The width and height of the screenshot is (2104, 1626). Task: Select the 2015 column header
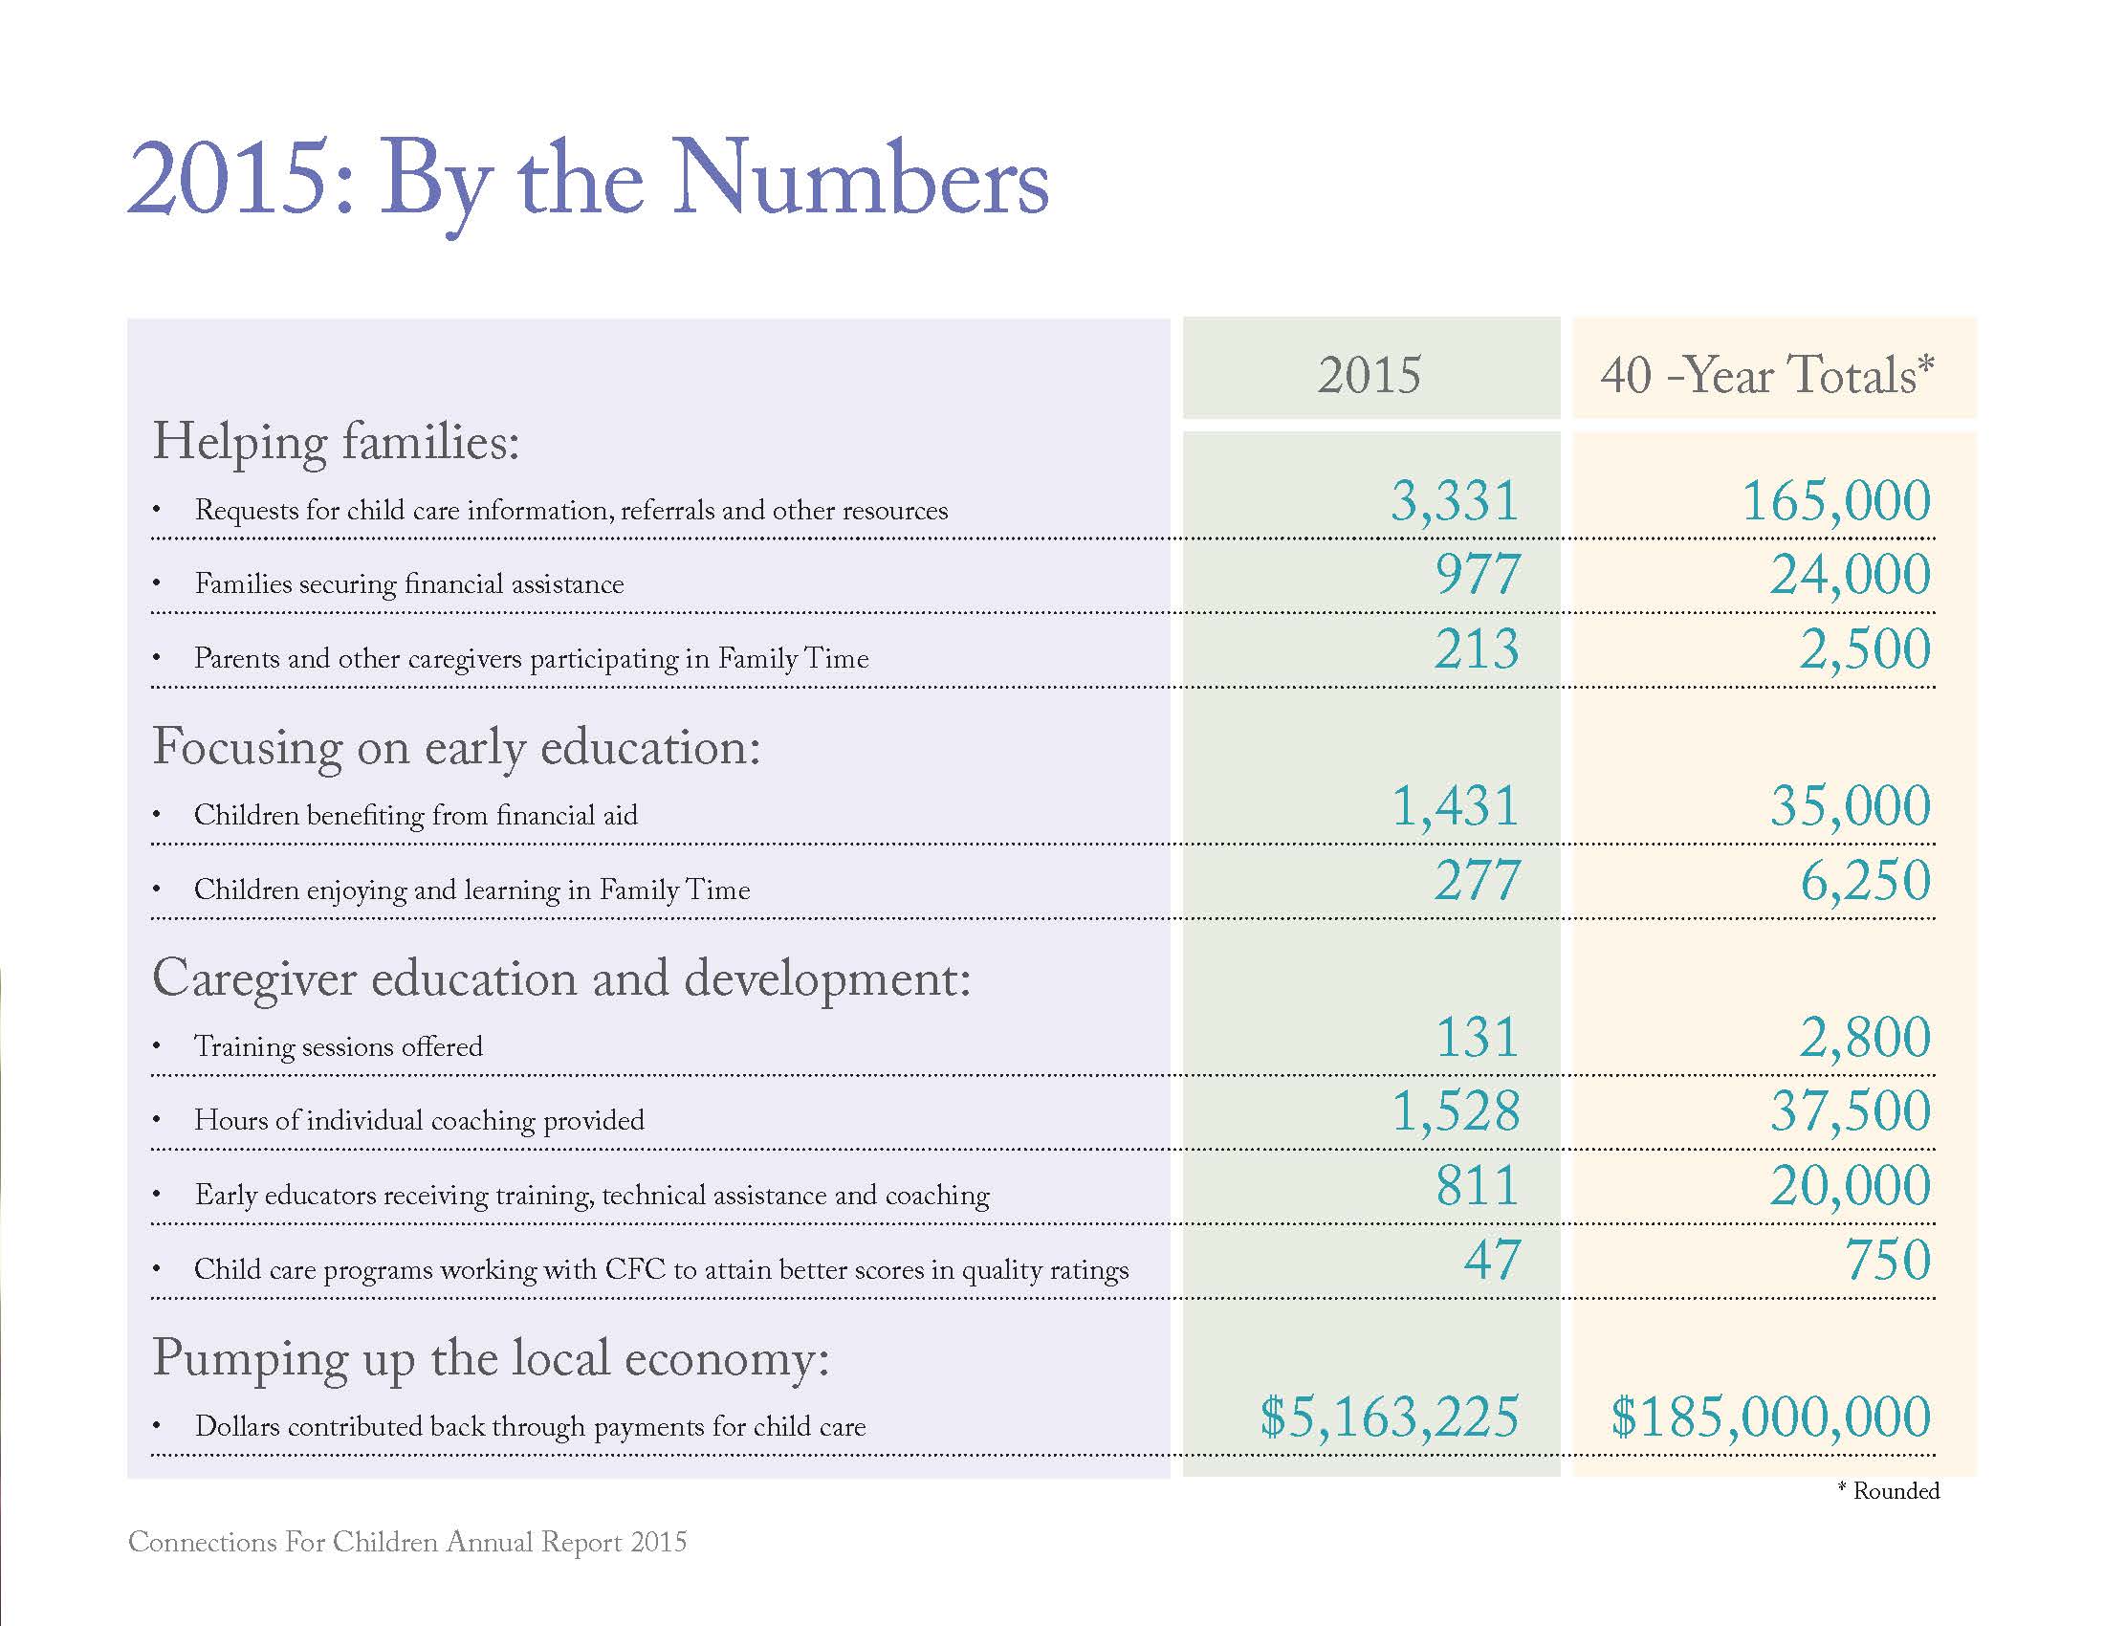pos(1369,375)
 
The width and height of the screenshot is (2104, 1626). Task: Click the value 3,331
pos(1455,501)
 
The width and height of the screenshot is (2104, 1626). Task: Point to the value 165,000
pos(1836,501)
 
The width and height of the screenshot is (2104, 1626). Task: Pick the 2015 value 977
pos(1478,575)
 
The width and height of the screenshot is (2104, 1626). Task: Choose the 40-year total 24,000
pos(1850,575)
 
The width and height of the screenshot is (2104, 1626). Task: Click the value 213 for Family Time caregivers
pos(1477,648)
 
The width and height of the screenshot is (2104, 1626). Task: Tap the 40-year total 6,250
pos(1865,880)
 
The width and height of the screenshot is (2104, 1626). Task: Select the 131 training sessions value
pos(1478,1038)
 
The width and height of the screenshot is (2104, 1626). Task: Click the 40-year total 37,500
pos(1850,1110)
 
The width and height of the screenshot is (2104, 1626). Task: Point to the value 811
pos(1478,1186)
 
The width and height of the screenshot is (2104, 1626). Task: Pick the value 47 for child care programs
pos(1492,1260)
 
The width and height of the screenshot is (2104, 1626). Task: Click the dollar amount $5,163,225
pos(1391,1416)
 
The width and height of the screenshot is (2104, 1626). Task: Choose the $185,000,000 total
pos(1770,1416)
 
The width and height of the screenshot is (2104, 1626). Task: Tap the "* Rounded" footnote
pos(1888,1491)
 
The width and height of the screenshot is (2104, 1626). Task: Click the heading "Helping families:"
pos(337,443)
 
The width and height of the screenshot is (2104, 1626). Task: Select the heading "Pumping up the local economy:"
pos(492,1359)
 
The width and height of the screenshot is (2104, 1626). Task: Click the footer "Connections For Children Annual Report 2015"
pos(407,1542)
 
